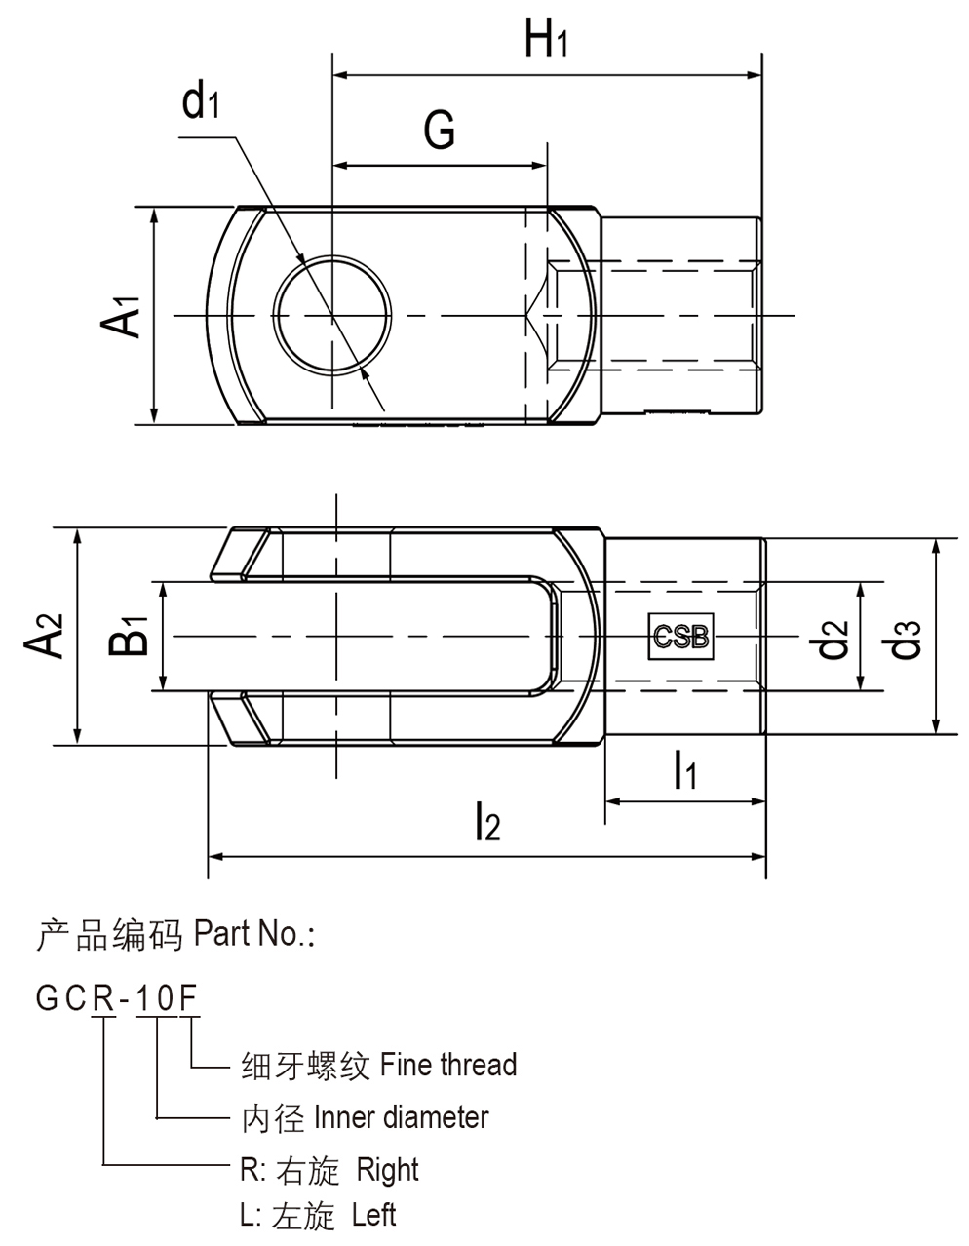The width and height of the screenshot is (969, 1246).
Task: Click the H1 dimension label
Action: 545,41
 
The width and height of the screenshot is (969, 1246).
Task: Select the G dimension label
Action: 440,130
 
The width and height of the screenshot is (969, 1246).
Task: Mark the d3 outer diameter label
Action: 906,636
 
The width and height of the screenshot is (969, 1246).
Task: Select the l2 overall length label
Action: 486,824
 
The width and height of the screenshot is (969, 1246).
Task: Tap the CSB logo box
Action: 681,638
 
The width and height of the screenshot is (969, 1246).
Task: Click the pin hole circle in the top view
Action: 334,316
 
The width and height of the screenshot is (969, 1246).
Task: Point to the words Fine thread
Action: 448,1065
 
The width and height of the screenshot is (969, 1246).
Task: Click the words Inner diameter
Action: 402,1117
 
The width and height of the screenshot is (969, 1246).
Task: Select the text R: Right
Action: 329,1169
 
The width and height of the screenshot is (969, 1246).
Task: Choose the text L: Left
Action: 318,1215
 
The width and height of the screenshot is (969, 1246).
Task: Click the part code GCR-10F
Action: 117,998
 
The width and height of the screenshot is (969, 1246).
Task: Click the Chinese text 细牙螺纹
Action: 305,1066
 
